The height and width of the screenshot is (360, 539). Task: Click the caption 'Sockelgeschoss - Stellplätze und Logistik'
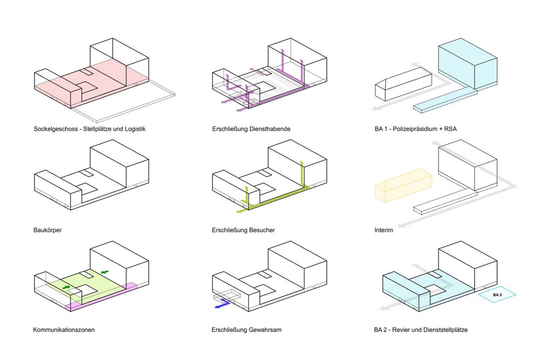[89, 130]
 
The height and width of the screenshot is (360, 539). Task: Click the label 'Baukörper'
[47, 230]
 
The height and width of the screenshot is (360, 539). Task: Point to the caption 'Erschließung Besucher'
[243, 230]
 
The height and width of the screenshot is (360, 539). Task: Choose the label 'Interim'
[383, 230]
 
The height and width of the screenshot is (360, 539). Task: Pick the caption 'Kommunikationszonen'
[64, 330]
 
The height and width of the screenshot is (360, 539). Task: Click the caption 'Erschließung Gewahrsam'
[246, 330]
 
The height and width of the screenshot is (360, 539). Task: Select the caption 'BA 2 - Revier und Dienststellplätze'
[420, 330]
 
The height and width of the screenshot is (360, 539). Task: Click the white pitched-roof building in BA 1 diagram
[402, 87]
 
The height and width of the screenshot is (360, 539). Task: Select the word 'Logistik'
[134, 130]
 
